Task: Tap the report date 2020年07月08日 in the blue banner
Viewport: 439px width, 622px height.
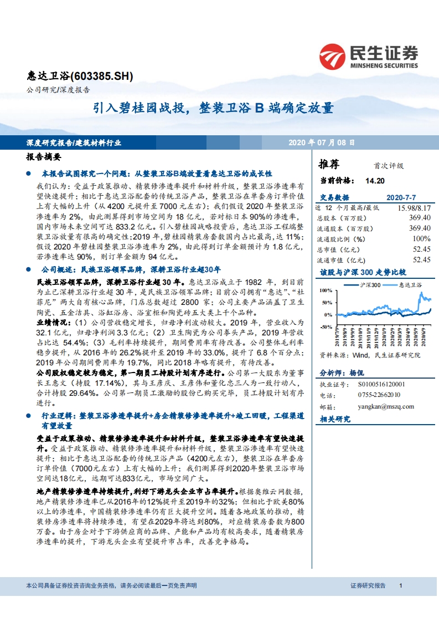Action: click(x=322, y=142)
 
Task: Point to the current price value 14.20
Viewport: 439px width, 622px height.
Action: click(x=374, y=180)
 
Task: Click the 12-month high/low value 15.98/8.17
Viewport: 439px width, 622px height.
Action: click(x=413, y=207)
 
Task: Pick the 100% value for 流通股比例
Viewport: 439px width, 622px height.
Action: click(x=422, y=239)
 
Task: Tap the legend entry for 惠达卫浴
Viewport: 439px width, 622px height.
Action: click(x=408, y=284)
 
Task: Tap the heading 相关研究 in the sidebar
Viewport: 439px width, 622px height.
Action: click(x=335, y=419)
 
